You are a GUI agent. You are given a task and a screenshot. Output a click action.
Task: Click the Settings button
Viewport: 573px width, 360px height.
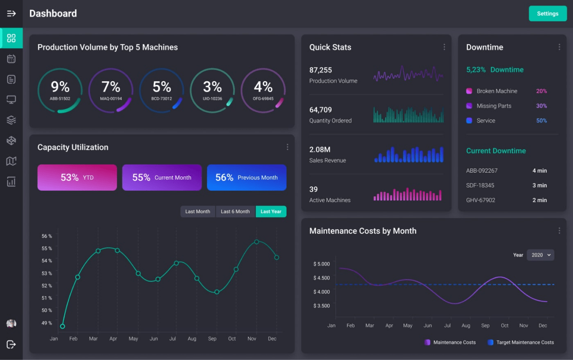click(547, 13)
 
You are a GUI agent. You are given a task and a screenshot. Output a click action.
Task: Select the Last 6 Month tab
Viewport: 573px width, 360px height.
click(235, 212)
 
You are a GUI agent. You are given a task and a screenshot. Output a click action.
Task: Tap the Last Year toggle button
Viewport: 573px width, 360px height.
click(271, 212)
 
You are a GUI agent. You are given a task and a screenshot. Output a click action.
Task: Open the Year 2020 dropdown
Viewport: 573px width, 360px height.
click(540, 255)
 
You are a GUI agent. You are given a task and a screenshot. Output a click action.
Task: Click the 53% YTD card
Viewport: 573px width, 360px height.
click(77, 178)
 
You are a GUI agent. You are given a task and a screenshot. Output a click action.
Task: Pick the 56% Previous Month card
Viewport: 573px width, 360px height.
click(247, 178)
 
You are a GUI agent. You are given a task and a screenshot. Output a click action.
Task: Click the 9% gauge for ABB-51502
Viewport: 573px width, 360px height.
click(60, 90)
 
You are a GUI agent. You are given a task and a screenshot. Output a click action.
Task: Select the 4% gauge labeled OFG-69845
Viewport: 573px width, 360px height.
click(263, 90)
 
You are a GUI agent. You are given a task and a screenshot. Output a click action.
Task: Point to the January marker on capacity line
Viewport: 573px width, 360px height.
click(62, 326)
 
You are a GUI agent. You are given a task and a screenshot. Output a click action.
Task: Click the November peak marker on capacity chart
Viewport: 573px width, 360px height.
click(257, 242)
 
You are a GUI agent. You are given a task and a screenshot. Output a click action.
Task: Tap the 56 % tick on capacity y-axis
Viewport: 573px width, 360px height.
click(47, 236)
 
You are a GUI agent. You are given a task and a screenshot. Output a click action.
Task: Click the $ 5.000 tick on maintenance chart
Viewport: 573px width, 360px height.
click(321, 264)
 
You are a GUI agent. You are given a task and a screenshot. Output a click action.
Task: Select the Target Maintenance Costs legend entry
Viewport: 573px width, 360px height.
click(521, 343)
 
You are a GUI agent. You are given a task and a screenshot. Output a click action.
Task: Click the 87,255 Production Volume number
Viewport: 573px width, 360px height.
click(320, 70)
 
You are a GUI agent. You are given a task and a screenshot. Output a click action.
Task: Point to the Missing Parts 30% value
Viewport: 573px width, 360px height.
click(541, 106)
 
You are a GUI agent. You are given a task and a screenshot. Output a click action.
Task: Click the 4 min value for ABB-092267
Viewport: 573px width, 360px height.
click(539, 171)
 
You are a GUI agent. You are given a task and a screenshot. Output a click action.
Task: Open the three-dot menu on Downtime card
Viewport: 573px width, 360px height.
click(559, 47)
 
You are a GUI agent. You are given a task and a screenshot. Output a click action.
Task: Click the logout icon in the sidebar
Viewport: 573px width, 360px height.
click(11, 344)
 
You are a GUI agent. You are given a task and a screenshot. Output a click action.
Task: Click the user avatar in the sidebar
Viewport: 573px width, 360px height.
click(11, 324)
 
